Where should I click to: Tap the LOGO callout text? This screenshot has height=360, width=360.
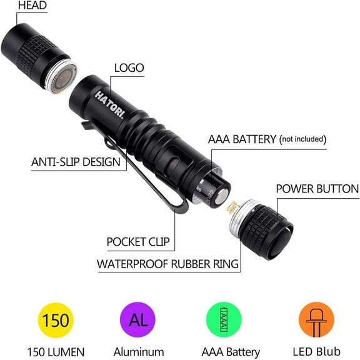(129, 68)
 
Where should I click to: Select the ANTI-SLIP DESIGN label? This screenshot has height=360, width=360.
(76, 162)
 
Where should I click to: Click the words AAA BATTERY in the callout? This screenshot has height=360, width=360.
(242, 139)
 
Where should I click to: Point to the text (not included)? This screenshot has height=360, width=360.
(302, 139)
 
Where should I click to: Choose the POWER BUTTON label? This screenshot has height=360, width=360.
(317, 189)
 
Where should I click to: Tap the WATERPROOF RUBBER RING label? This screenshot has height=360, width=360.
(167, 264)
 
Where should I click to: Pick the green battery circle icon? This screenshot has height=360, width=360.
(224, 321)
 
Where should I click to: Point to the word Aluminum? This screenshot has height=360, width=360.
(139, 352)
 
